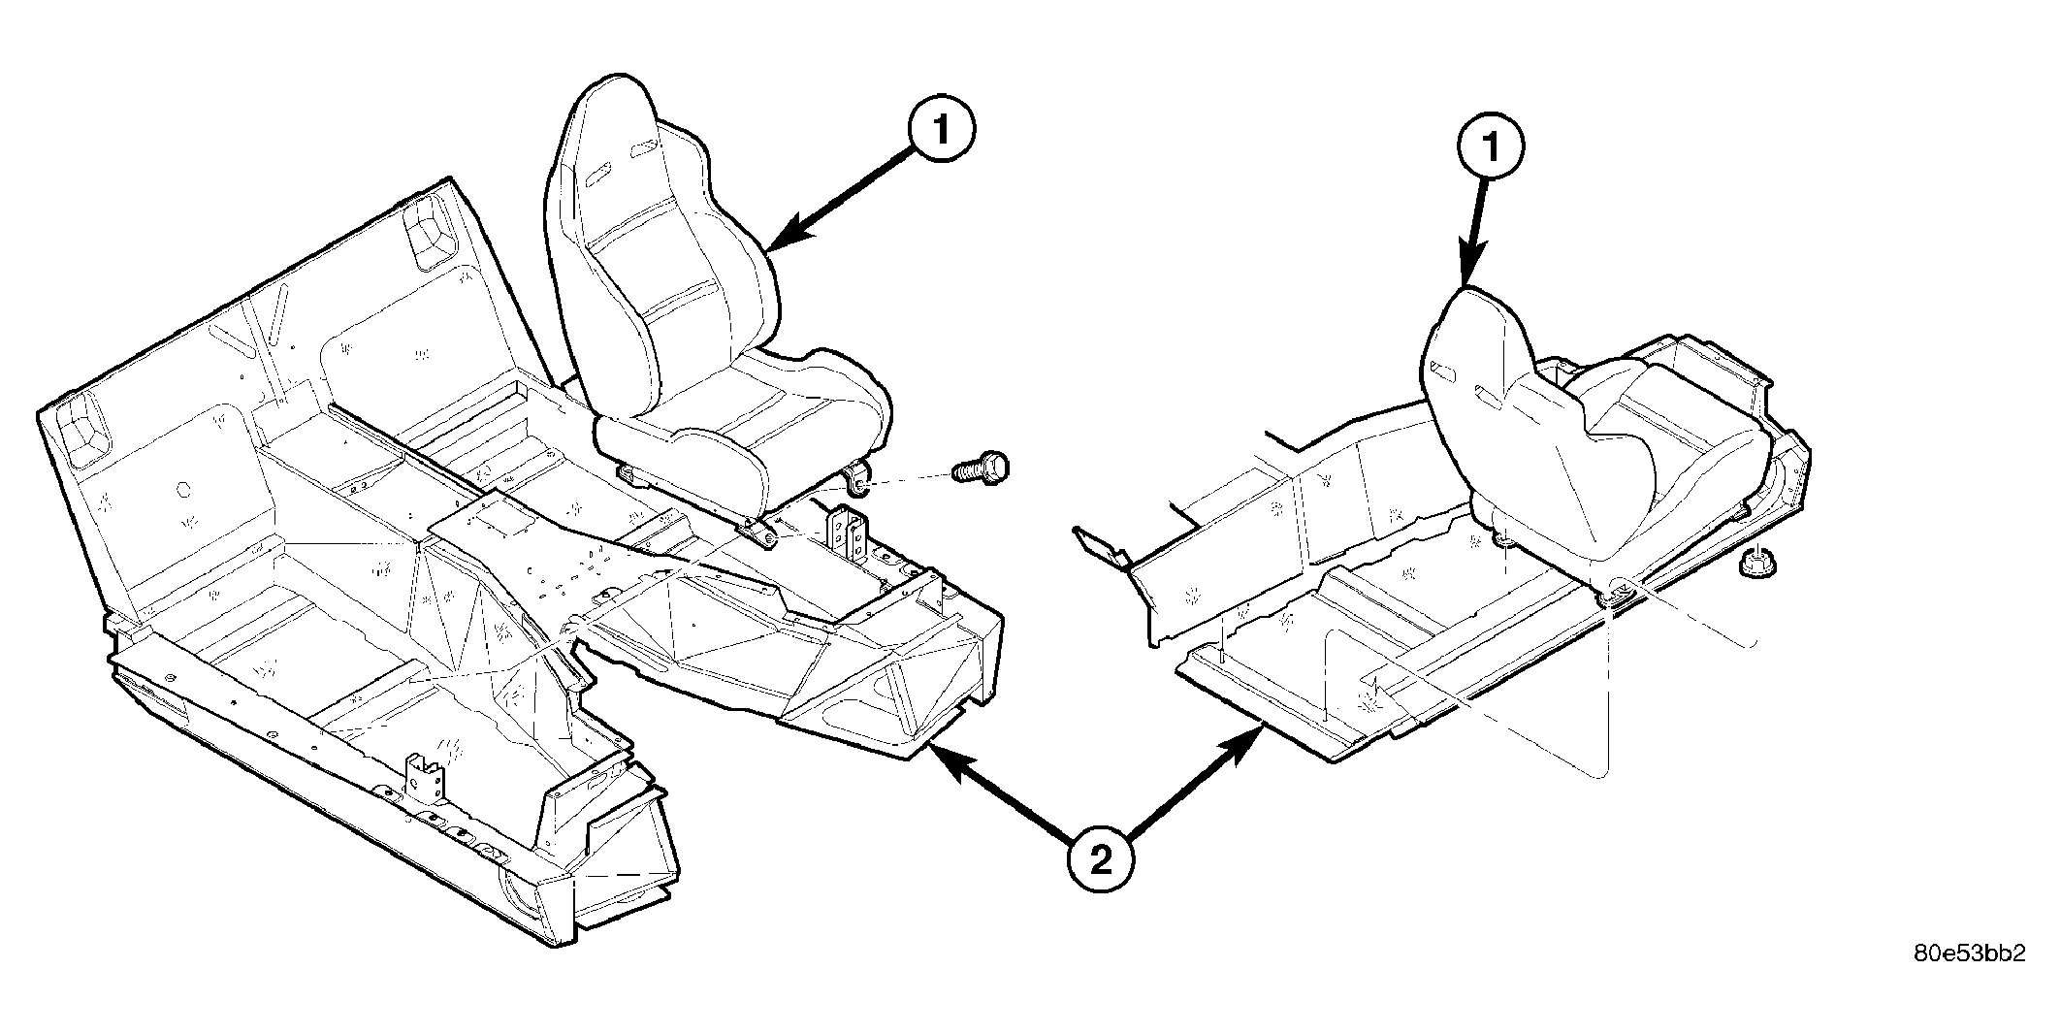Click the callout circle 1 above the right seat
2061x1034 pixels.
point(1491,147)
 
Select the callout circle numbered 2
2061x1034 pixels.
point(1100,858)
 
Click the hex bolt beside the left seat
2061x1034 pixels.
point(981,467)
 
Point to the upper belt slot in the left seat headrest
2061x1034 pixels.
point(642,149)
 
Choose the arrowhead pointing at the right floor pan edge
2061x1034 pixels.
point(1244,749)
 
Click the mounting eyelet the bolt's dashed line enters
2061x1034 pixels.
point(857,477)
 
